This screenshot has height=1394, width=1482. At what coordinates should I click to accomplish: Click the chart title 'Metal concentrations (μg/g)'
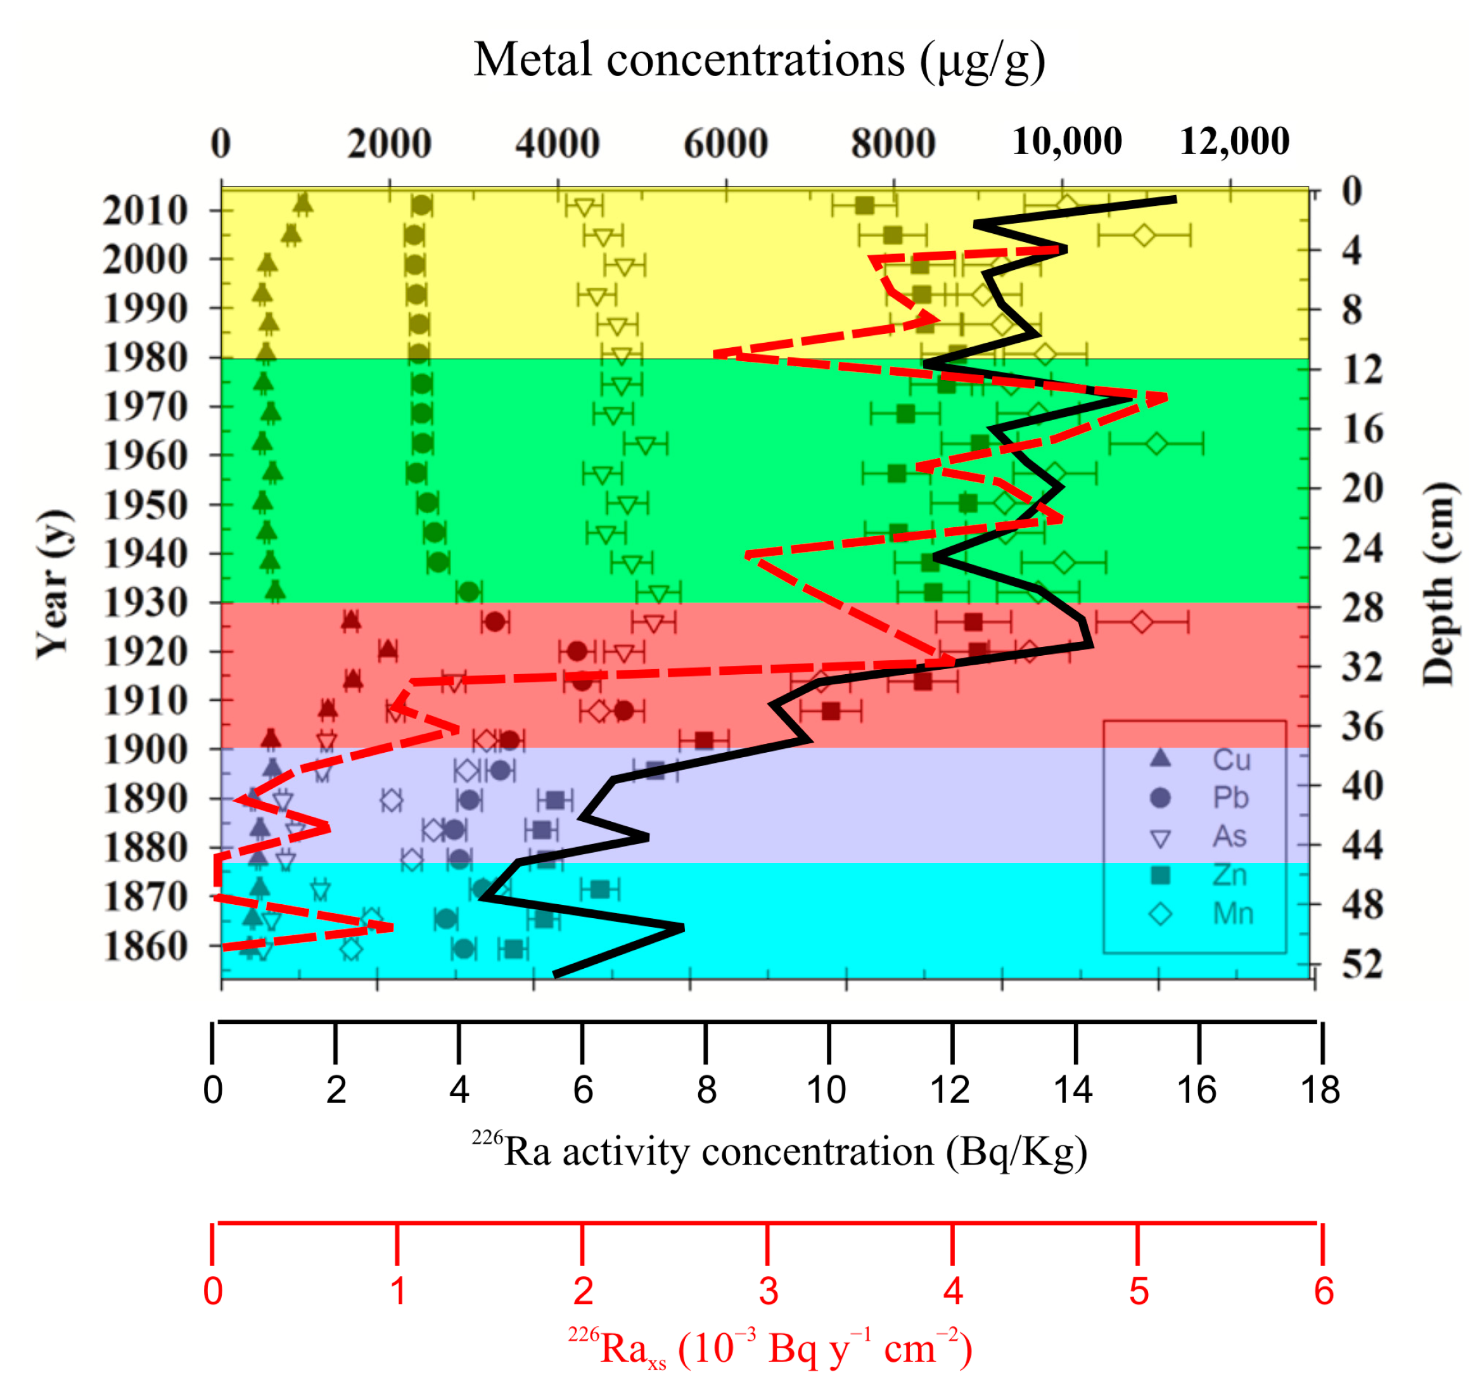tap(759, 60)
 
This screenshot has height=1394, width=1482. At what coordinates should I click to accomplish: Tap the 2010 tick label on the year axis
tap(145, 211)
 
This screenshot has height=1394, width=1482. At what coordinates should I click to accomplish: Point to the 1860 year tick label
tap(145, 946)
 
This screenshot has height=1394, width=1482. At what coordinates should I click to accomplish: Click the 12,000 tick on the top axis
tap(1234, 142)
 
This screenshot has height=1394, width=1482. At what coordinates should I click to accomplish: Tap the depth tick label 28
tap(1362, 608)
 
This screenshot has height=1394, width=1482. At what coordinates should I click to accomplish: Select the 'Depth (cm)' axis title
tap(1437, 583)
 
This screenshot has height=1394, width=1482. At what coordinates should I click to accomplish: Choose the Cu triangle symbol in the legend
tap(1160, 759)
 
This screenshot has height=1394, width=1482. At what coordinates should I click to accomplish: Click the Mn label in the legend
tap(1233, 913)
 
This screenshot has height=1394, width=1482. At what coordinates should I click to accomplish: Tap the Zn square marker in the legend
tap(1160, 875)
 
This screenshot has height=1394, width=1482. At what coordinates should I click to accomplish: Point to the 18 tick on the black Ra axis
tap(1320, 1090)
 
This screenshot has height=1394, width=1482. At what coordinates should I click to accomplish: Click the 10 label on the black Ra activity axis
tap(826, 1090)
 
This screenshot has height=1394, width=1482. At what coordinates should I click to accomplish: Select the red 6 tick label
tap(1323, 1291)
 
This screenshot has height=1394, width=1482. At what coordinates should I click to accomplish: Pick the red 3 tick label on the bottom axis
tap(768, 1291)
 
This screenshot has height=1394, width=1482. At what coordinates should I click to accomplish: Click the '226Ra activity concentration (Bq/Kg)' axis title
tap(779, 1152)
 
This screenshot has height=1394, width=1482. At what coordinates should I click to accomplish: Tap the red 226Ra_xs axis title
tap(769, 1348)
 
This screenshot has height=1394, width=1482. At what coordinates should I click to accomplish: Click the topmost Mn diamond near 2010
tap(1067, 205)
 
